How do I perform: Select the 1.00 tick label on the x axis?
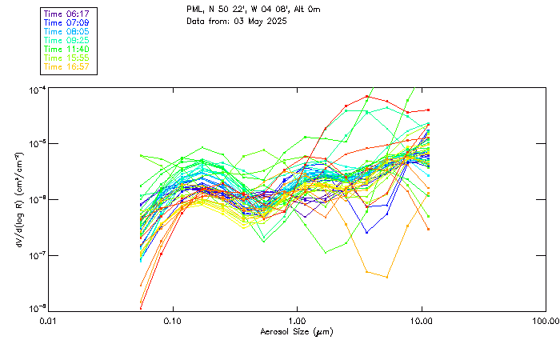297,321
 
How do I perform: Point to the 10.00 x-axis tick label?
421,321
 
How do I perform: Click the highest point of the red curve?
367,96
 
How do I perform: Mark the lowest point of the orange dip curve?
387,277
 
